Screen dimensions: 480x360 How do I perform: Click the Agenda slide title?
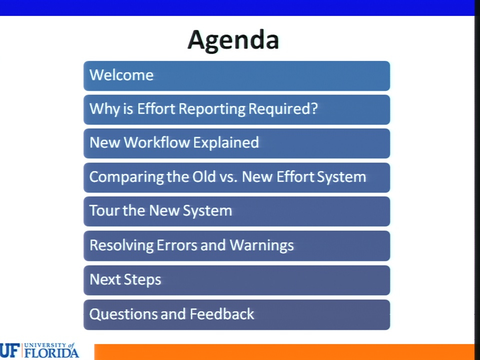coord(233,40)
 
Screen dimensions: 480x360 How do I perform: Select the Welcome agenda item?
coord(121,75)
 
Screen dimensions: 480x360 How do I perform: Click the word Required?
coord(283,108)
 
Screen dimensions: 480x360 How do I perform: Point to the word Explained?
coord(226,143)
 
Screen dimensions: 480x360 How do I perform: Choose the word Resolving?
coord(121,245)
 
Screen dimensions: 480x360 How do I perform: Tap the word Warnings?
coord(261,245)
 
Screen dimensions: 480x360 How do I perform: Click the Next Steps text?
coord(125,280)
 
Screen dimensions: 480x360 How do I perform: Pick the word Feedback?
coord(222,314)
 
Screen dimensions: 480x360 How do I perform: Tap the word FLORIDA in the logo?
coord(51,353)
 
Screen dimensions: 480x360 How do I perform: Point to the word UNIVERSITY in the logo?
coord(45,345)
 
